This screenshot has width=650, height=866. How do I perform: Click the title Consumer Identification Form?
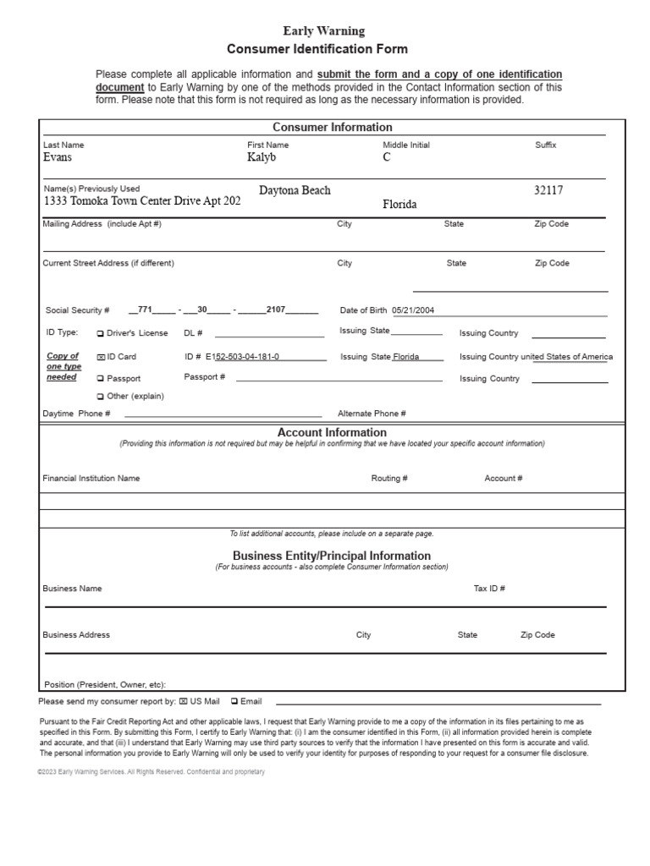pos(317,50)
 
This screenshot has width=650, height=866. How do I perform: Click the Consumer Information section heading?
pos(332,128)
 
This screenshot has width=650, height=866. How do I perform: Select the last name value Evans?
pos(58,157)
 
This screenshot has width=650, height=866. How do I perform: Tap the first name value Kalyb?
pos(262,157)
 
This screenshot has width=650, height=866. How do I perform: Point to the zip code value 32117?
pos(548,191)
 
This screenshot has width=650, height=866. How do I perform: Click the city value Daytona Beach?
pos(295,191)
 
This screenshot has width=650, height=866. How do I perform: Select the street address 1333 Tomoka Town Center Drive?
pos(142,202)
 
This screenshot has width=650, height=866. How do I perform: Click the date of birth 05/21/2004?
pos(413,310)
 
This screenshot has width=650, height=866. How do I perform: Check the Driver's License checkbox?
pos(101,333)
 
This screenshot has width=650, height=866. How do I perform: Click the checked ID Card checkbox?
pos(101,357)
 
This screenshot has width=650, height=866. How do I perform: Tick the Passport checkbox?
pos(101,379)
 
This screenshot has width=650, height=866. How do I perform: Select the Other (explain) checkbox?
pos(101,397)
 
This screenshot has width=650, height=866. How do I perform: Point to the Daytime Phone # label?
pos(76,414)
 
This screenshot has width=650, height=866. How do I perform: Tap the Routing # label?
pos(389,479)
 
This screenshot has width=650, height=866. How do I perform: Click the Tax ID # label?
pos(489,589)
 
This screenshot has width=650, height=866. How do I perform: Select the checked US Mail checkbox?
pos(184,702)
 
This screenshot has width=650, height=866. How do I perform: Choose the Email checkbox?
pos(234,702)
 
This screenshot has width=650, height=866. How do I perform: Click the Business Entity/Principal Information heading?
pos(332,556)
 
